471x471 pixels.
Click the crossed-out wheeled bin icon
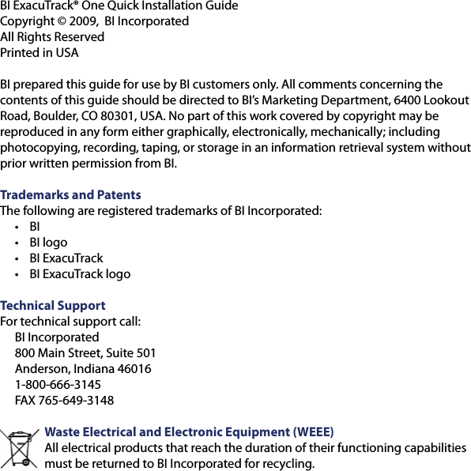20,448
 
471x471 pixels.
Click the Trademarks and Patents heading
70,195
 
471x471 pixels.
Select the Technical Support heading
53,306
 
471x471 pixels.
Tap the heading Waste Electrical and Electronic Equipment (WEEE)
190,432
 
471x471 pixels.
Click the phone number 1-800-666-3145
58,385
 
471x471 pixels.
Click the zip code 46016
134,369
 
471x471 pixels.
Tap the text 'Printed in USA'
40,53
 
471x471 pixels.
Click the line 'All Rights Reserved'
52,37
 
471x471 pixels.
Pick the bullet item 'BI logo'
48,243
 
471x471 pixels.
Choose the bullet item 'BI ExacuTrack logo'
80,274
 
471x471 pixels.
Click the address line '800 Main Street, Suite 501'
85,353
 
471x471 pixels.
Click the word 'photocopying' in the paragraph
36,148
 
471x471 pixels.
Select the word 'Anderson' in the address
42,369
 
